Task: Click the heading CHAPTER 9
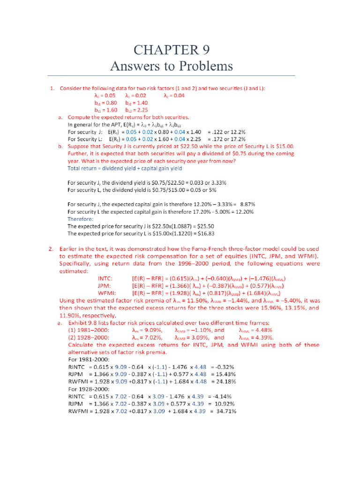[171, 50]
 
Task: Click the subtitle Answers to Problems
[171, 66]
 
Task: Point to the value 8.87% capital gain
[247, 204]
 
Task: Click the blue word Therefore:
[81, 218]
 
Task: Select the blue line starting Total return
[125, 168]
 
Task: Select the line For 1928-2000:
[89, 389]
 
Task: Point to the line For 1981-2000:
[89, 360]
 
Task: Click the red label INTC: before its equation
[105, 278]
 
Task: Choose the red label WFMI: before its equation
[106, 293]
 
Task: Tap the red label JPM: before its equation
[104, 285]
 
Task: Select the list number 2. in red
[51, 249]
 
